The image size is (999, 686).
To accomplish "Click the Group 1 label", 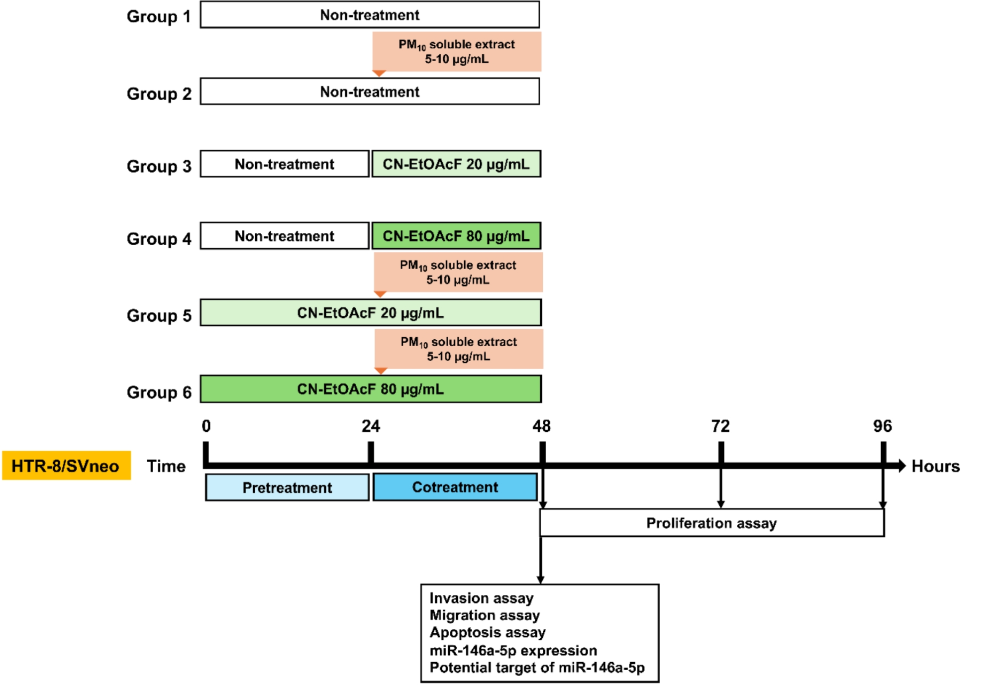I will pos(159,16).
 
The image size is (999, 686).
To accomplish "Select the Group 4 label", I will pos(159,238).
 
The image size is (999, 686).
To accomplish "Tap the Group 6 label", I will pos(159,392).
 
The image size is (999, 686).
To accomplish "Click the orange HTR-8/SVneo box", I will pos(66,466).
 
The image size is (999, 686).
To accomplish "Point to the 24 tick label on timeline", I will pos(371,426).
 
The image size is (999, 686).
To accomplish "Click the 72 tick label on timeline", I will pos(720,426).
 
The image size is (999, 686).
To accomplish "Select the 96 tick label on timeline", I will pos(883,426).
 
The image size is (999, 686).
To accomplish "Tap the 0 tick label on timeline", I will pos(206,426).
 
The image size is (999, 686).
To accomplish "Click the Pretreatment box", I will pos(287,488).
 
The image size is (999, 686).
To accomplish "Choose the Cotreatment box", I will pos(455,487).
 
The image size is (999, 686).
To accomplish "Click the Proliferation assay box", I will pos(711,523).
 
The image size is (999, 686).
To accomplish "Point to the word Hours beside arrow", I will pos(935,466).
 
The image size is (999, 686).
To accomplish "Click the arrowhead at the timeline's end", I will pos(901,466).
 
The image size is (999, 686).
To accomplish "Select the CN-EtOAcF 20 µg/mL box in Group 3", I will pos(456,164).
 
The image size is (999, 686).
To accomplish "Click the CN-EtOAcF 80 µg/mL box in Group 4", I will pos(456,236).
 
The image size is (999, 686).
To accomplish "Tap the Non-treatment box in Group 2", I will pos(370,92).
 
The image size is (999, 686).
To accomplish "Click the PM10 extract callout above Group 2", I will pos(457,52).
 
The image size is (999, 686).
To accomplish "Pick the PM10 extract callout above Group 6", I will pos(459,349).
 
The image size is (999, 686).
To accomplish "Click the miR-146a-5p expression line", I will pos(513,650).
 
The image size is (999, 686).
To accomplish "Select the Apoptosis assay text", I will pos(488,632).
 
